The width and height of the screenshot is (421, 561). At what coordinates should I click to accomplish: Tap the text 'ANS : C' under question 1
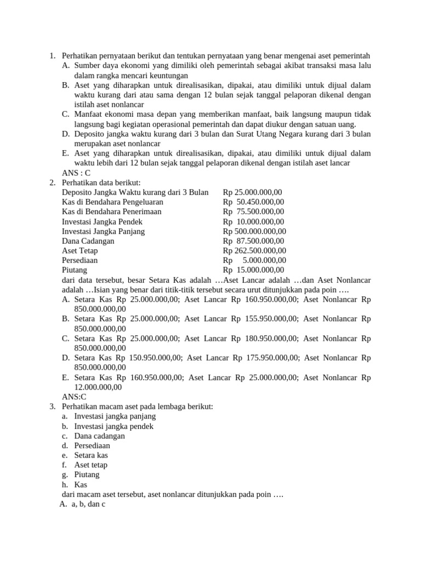(x=78, y=173)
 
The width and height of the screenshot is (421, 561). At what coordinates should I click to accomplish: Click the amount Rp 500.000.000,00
(x=254, y=231)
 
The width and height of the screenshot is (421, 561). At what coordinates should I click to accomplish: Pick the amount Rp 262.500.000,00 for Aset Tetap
(x=254, y=250)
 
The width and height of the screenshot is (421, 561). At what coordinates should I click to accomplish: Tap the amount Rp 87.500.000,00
(x=254, y=241)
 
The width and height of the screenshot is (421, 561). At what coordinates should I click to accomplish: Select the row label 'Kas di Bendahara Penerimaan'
(x=112, y=211)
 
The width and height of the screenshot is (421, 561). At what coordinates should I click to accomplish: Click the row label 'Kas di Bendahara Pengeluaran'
(x=113, y=202)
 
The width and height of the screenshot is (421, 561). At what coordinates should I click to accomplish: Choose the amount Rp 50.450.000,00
(x=254, y=202)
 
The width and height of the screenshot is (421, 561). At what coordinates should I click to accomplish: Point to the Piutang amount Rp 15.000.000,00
(x=254, y=270)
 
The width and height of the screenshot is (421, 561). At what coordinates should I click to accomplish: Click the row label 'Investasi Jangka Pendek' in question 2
(x=103, y=221)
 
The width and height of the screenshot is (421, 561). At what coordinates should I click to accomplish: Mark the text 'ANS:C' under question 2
(x=75, y=397)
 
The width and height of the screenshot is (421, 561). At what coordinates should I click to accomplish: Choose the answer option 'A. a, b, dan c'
(x=82, y=503)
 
